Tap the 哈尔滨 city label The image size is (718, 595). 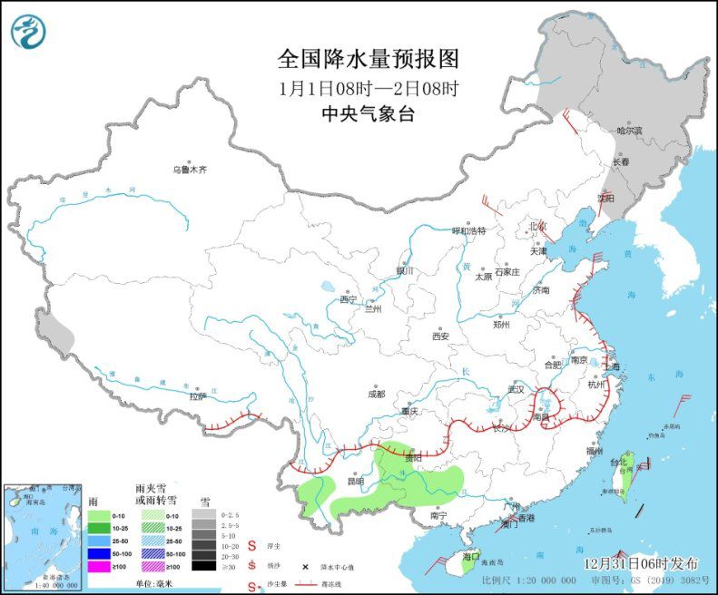[x=629, y=131]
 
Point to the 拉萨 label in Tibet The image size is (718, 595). [x=198, y=395]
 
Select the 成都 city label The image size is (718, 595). [x=376, y=394]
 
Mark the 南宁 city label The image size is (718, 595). [x=439, y=515]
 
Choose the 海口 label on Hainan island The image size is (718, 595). [x=469, y=555]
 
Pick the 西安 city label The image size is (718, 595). [x=440, y=336]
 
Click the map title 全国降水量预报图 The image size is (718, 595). [x=368, y=60]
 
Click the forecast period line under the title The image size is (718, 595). [x=368, y=89]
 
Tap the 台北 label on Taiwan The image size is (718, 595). [x=618, y=463]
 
